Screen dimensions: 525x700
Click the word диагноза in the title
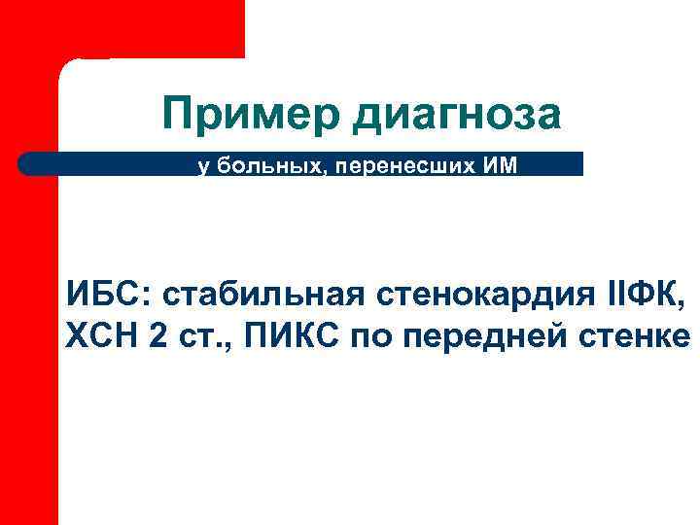point(460,116)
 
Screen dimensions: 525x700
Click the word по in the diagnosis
point(372,338)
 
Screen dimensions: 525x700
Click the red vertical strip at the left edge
point(29,389)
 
